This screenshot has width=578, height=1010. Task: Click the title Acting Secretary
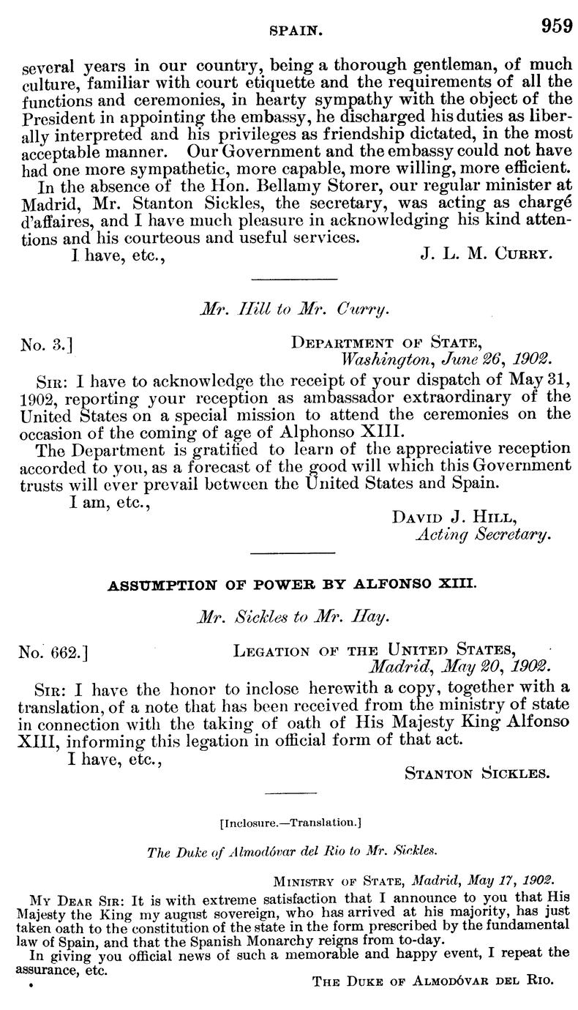[x=481, y=535]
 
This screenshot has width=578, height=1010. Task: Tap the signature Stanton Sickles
[x=476, y=773]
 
